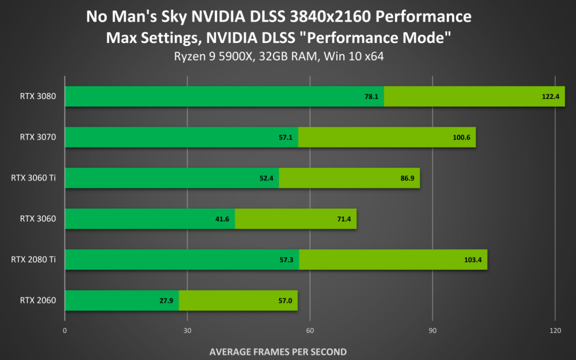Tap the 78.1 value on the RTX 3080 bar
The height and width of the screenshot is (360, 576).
(x=372, y=96)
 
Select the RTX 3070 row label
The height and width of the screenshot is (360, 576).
(x=38, y=137)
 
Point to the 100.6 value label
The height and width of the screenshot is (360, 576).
(x=462, y=137)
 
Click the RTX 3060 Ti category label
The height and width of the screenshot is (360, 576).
(x=33, y=178)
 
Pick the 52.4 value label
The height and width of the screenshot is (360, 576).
(x=267, y=178)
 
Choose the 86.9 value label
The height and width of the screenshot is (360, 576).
(x=406, y=178)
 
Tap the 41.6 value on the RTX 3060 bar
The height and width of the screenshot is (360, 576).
(x=222, y=219)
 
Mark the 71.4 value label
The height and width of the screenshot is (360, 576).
(x=343, y=219)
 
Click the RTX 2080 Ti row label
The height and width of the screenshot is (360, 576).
(x=33, y=260)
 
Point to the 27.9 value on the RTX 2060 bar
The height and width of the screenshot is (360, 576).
(x=166, y=300)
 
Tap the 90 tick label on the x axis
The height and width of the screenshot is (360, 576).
(x=433, y=331)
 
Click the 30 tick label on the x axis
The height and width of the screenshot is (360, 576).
(x=187, y=331)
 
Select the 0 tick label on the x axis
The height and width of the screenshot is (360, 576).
(x=65, y=331)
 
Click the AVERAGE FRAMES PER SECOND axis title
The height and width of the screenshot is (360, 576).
(x=278, y=351)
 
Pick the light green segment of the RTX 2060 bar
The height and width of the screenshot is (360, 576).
(x=238, y=300)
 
